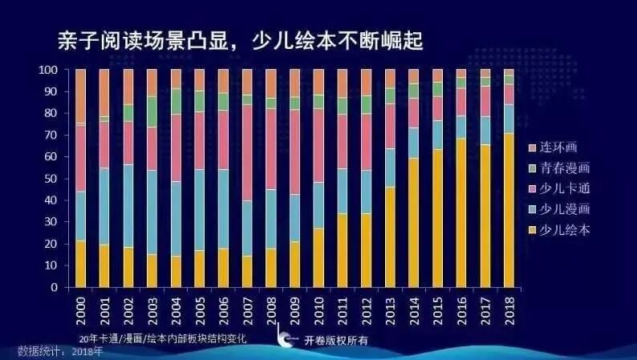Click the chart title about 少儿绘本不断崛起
[238, 40]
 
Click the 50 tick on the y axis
[51, 179]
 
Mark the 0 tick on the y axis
[53, 287]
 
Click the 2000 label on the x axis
[80, 309]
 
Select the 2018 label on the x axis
[509, 309]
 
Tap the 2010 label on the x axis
[318, 309]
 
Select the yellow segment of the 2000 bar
[80, 264]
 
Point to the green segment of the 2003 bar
[152, 111]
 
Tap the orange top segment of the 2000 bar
[80, 96]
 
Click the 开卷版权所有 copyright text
[335, 340]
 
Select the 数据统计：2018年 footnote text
[61, 352]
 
